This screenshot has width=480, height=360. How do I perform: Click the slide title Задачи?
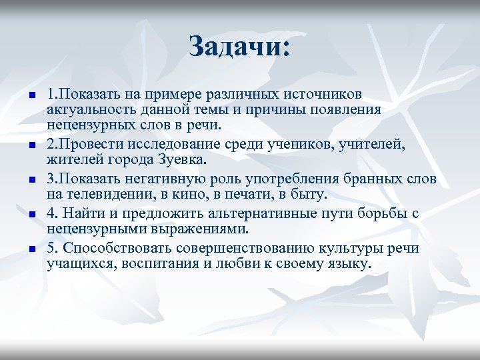(x=239, y=47)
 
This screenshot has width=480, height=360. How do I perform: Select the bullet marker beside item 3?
(x=31, y=180)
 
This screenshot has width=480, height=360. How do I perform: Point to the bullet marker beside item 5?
(x=31, y=249)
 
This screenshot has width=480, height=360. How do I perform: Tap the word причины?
(x=283, y=109)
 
